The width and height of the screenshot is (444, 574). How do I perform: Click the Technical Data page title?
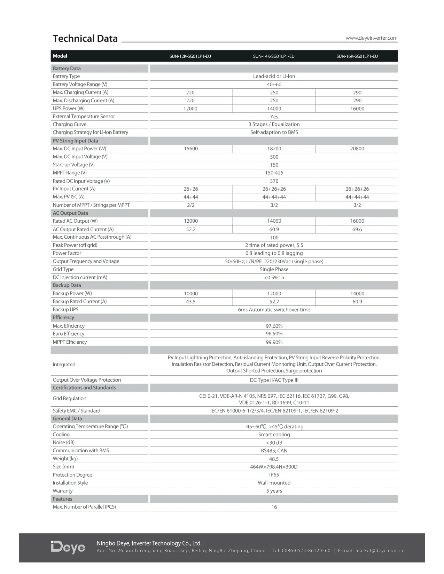pos(85,39)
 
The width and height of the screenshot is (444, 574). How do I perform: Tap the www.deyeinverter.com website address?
pos(371,38)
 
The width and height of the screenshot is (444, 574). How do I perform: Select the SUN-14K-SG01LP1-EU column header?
pos(274,56)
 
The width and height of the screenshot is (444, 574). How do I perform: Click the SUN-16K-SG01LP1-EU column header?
pos(357,56)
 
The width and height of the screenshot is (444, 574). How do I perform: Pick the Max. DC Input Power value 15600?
pos(190,149)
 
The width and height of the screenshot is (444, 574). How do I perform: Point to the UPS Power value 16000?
pos(357,109)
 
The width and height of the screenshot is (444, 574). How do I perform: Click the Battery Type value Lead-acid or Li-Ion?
pos(274,77)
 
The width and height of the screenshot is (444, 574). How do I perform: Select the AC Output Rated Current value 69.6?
pos(357,230)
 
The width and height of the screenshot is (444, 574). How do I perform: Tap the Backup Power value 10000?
pos(190,294)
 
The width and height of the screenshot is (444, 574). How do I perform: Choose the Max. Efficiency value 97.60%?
pos(274,326)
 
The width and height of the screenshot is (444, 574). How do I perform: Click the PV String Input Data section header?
pos(75,141)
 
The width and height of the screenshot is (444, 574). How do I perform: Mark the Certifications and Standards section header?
pos(84,388)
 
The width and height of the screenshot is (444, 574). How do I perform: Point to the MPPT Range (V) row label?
pos(70,173)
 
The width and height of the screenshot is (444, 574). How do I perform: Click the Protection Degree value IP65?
pos(274,475)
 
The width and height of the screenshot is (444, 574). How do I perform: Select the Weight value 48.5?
pos(274,459)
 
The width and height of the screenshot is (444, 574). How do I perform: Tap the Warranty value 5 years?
pos(274,491)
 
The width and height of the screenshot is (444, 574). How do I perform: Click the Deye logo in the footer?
pos(68,547)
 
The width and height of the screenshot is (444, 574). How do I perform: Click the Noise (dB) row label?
pos(63,443)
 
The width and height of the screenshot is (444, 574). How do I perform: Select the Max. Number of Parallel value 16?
pos(274,507)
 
